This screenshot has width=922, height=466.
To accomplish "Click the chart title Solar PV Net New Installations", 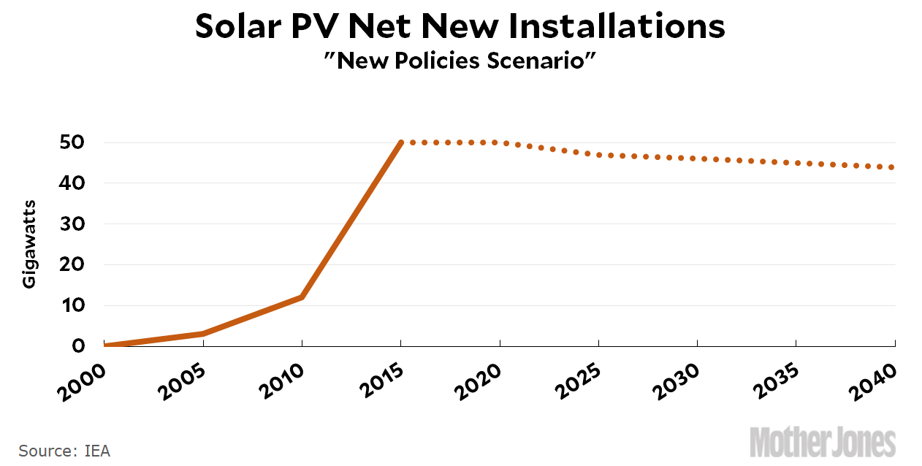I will [x=460, y=27].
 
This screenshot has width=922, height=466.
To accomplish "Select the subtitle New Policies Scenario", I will [x=460, y=61].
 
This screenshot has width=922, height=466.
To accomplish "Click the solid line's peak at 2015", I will [x=401, y=142].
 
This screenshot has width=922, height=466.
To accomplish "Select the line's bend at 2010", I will [x=302, y=297].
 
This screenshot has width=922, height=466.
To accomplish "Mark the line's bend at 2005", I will [x=203, y=334].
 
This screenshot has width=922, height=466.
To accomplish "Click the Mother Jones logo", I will [x=823, y=443].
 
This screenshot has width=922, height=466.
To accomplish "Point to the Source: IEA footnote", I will [x=64, y=451].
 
